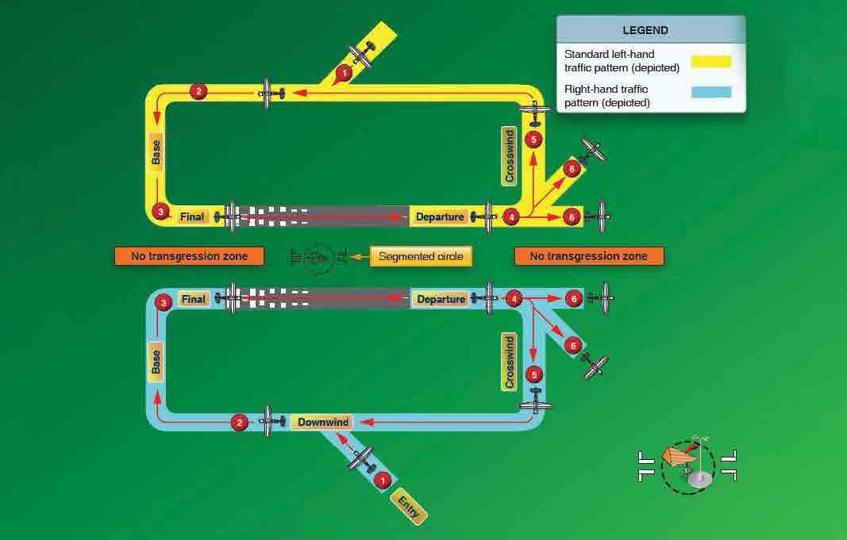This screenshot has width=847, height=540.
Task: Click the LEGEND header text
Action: pyautogui.click(x=650, y=31)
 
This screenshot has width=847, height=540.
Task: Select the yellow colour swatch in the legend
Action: pyautogui.click(x=710, y=61)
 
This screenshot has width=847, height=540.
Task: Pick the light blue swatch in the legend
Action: pyautogui.click(x=710, y=92)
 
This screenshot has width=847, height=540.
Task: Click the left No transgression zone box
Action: pyautogui.click(x=189, y=256)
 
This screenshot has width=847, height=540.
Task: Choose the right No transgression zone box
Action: pyautogui.click(x=588, y=256)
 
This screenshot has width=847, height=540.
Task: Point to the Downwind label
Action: pyautogui.click(x=323, y=422)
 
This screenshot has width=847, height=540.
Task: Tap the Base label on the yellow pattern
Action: pyautogui.click(x=156, y=152)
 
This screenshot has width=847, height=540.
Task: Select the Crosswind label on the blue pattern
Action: pyautogui.click(x=510, y=362)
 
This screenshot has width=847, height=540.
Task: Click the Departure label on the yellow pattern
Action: pyautogui.click(x=440, y=216)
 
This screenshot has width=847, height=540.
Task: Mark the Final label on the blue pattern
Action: pyautogui.click(x=193, y=300)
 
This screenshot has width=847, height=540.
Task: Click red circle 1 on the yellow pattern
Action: pyautogui.click(x=343, y=74)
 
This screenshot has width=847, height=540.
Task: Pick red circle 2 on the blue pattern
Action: pyautogui.click(x=239, y=423)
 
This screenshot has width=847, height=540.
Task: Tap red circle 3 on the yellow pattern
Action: pyautogui.click(x=160, y=213)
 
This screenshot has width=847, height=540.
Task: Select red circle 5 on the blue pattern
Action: pyautogui.click(x=534, y=373)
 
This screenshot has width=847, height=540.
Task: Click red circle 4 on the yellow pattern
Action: pyautogui.click(x=512, y=216)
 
